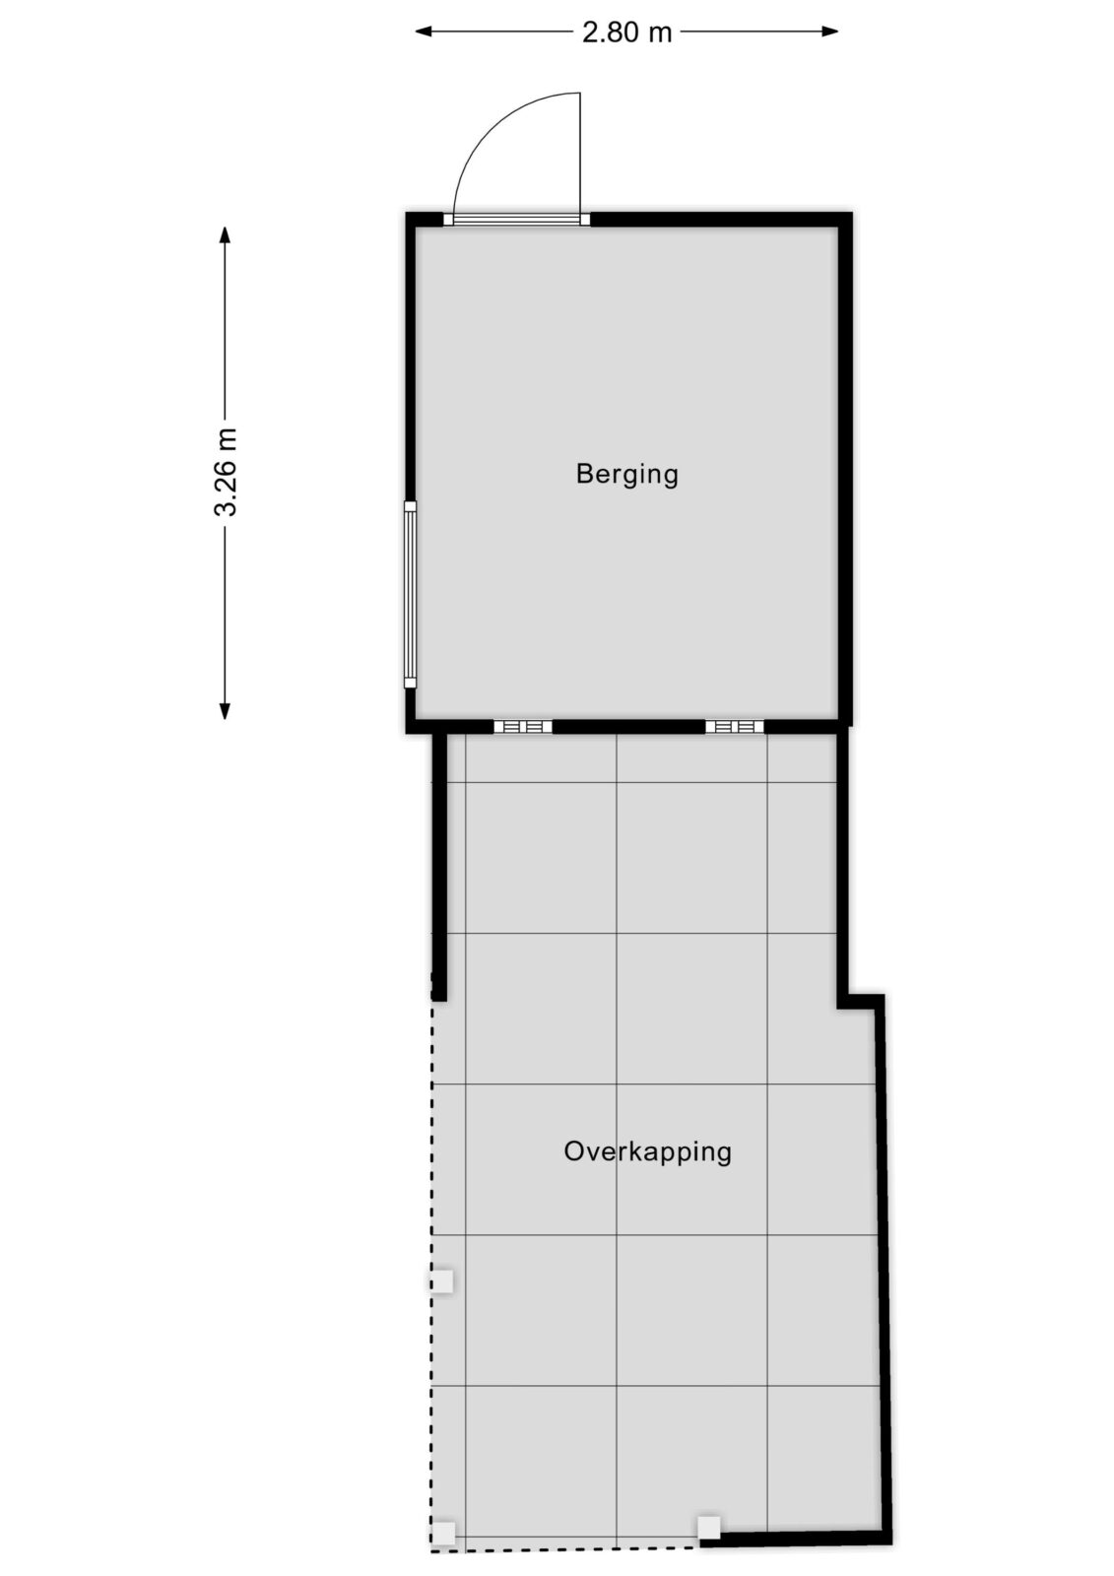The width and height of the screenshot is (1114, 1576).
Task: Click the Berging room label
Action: [x=626, y=474]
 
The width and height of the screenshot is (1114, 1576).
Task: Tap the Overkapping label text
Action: [x=647, y=1152]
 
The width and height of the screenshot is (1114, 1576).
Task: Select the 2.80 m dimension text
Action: [x=626, y=33]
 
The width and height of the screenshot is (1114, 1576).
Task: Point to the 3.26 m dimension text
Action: [x=226, y=472]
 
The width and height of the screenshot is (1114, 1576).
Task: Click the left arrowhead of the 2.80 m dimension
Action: [x=424, y=31]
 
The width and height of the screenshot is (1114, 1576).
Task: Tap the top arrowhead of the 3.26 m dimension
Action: [x=225, y=235]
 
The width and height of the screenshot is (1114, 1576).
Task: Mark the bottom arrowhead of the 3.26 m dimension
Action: [x=225, y=711]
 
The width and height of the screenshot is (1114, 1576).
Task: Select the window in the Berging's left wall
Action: [x=411, y=594]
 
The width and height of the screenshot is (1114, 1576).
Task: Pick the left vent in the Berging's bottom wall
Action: [x=523, y=727]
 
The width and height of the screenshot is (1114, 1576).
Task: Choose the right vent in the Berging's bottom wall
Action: [x=735, y=727]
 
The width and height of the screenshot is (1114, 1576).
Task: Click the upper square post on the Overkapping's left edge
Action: [x=442, y=1280]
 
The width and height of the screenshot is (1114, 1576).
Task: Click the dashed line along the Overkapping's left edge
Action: [x=431, y=1263]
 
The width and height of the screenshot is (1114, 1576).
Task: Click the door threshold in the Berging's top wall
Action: [x=516, y=220]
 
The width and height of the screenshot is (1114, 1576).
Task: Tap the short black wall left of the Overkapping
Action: [x=439, y=867]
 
